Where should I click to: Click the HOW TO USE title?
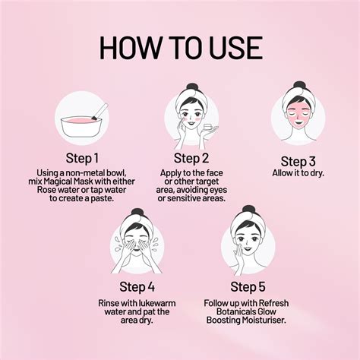coord(181,48)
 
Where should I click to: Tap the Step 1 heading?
coord(82,158)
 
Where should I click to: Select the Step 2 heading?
coord(191,158)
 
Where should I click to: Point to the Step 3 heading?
coord(298,162)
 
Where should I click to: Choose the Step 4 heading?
coord(137,287)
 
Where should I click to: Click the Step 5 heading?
coord(248,287)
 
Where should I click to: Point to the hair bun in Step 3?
coord(299,85)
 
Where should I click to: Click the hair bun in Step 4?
coord(137,213)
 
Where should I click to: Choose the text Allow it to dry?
coord(298,173)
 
